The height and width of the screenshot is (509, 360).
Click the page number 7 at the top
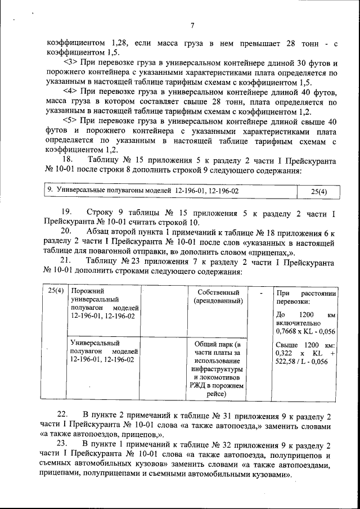tap(192, 25)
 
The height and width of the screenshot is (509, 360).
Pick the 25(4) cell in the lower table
tap(55, 292)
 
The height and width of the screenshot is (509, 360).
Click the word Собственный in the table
tap(218, 293)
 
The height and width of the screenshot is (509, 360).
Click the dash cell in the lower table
tap(260, 293)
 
